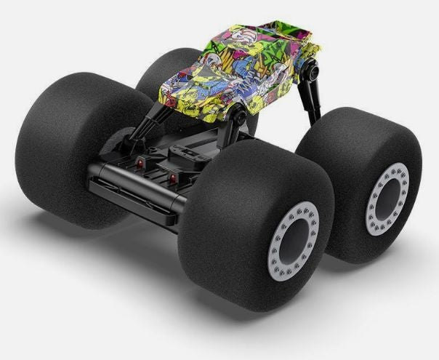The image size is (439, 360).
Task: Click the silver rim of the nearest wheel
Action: [x=270, y=244]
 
